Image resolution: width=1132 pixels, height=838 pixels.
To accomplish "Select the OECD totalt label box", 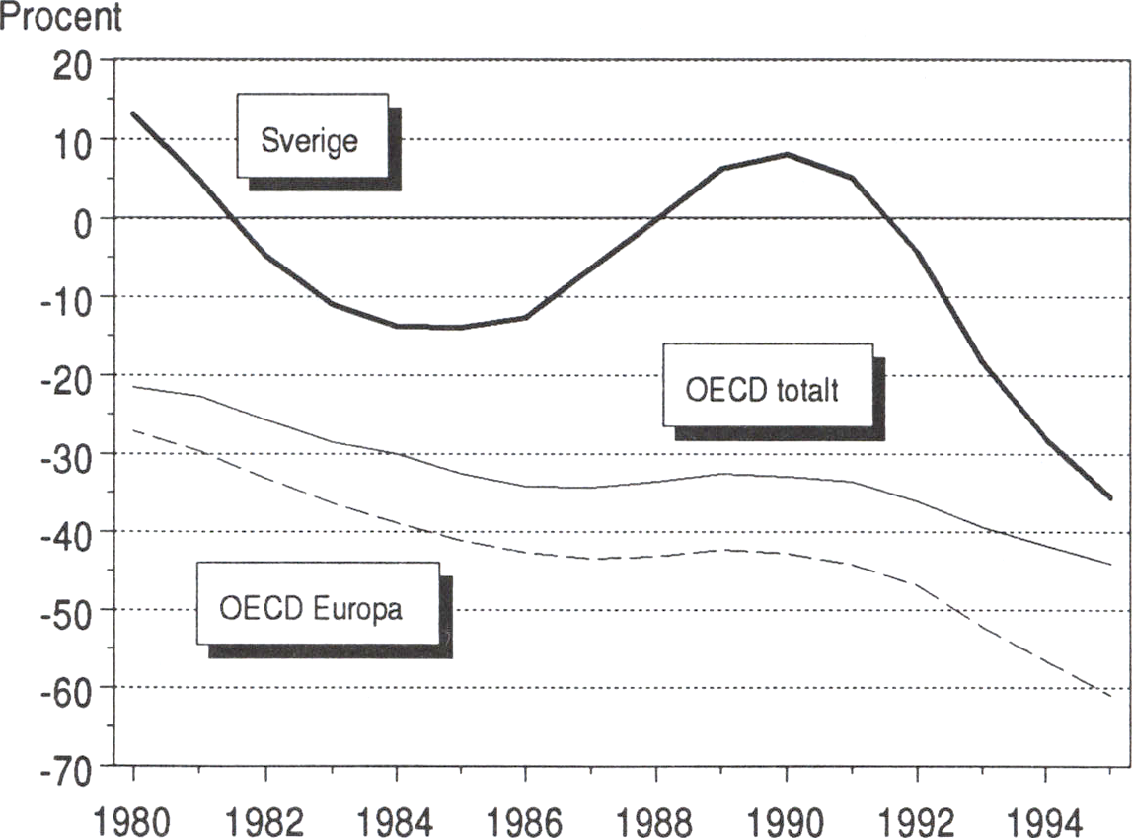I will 767,386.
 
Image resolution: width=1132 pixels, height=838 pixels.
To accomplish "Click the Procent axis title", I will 61,18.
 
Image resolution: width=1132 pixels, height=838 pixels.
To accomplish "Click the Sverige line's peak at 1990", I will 787,154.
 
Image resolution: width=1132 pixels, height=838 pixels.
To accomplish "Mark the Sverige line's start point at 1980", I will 133,114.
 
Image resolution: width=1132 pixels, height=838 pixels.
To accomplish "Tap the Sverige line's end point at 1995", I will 1110,498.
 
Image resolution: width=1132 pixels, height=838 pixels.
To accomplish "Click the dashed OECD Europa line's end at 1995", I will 1110,696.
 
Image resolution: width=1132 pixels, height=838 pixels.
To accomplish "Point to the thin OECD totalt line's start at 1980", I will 133,386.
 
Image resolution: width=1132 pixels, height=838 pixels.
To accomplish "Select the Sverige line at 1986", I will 525,317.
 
